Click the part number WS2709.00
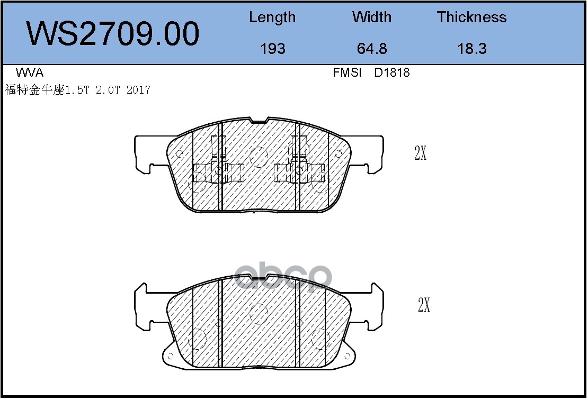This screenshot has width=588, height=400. tap(112, 34)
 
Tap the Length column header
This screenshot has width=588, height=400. tap(272, 17)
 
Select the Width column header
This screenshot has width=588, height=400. tap(372, 17)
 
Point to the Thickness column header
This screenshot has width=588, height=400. tap(471, 17)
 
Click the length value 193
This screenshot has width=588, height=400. tap(273, 49)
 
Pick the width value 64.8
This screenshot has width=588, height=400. tap(372, 49)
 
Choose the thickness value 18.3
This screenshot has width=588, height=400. tap(472, 49)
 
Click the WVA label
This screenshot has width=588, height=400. tap(30, 72)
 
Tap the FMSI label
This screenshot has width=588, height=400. tap(347, 72)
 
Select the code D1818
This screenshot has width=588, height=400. tap(392, 72)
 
